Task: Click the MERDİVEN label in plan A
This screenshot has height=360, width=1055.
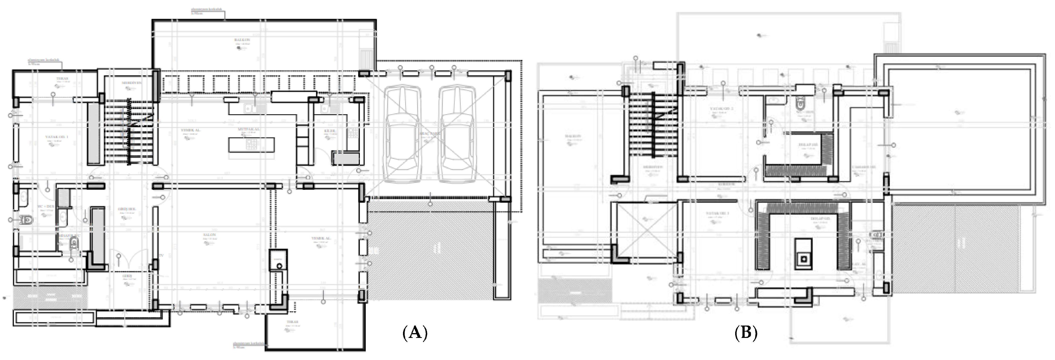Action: coord(131,83)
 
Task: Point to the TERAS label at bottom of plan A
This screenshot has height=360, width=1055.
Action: coord(292,322)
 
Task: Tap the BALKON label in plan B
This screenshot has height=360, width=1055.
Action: coord(572,136)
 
